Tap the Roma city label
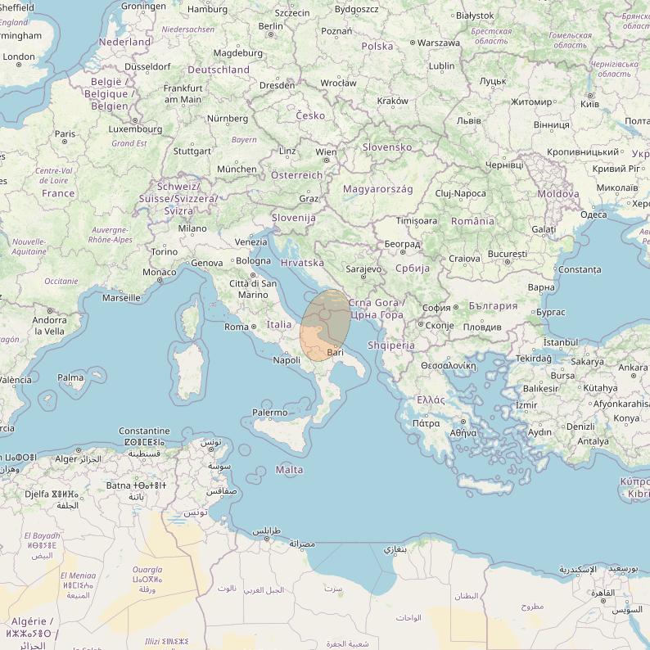pyautogui.click(x=236, y=327)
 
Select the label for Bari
pyautogui.click(x=335, y=352)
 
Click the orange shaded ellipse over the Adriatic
pyautogui.click(x=325, y=325)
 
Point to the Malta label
pyautogui.click(x=289, y=470)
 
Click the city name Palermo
pyautogui.click(x=269, y=413)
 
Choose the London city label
pyautogui.click(x=19, y=57)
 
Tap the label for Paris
pyautogui.click(x=65, y=133)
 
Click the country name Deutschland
pyautogui.click(x=219, y=70)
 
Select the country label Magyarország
pyautogui.click(x=377, y=189)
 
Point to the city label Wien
pyautogui.click(x=326, y=152)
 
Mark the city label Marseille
pyautogui.click(x=121, y=298)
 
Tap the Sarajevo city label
pyautogui.click(x=363, y=269)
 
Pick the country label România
pyautogui.click(x=472, y=221)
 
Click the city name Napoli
pyautogui.click(x=287, y=360)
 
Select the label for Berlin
pyautogui.click(x=270, y=26)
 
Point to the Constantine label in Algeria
pyautogui.click(x=144, y=431)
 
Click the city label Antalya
pyautogui.click(x=593, y=441)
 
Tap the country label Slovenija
pyautogui.click(x=294, y=218)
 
